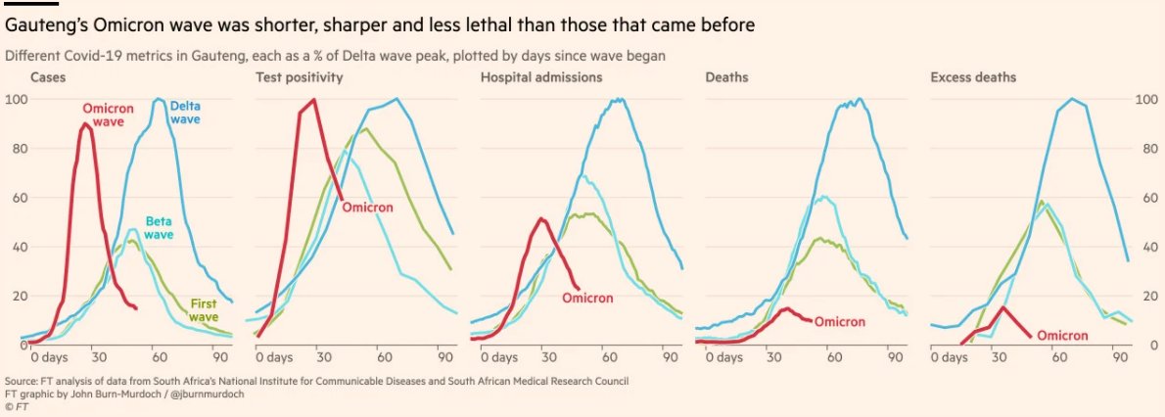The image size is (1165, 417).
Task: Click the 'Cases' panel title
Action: point(47,77)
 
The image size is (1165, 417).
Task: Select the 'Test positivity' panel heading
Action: point(299,77)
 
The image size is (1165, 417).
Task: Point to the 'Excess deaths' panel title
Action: point(973,77)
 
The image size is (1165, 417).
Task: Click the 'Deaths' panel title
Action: point(725,77)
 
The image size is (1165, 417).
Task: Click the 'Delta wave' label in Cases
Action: point(184,113)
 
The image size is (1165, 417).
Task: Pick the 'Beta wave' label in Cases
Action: point(160,228)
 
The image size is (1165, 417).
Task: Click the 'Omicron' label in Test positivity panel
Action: point(367,208)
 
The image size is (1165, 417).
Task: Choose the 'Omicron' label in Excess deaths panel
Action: point(1062,335)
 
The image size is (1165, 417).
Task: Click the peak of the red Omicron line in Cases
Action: point(85,124)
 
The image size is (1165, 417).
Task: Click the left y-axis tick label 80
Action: point(16,149)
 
